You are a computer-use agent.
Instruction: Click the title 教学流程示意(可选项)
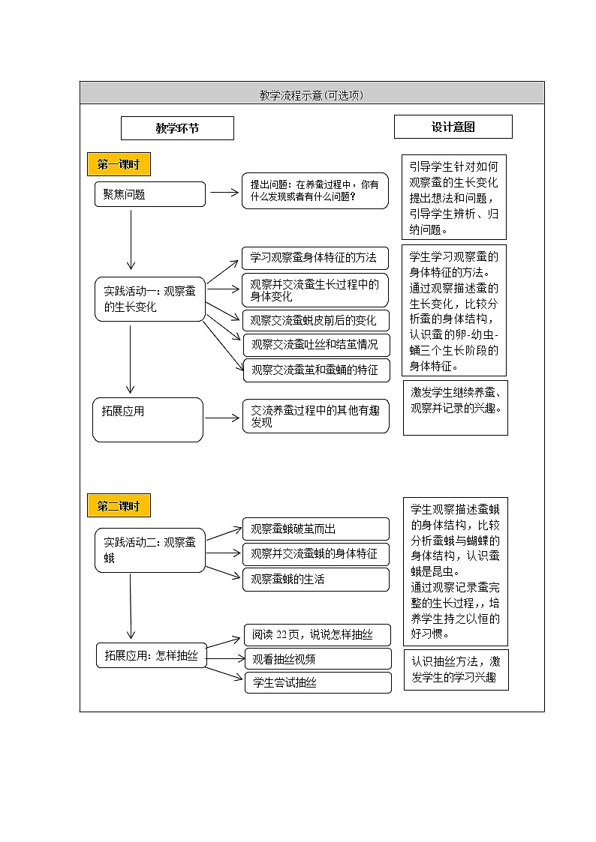click(311, 95)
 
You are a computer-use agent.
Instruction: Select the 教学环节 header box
click(177, 128)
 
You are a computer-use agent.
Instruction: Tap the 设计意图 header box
click(453, 127)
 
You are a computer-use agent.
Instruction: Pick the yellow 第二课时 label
click(119, 506)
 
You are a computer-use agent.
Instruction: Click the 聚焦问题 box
click(149, 194)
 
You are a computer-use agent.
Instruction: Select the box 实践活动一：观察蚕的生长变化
click(149, 299)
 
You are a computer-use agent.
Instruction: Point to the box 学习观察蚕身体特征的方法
click(315, 258)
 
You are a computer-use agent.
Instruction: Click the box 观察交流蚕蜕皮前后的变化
click(315, 320)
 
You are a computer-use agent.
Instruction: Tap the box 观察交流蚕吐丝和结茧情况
click(316, 345)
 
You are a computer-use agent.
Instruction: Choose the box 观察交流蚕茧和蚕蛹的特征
click(316, 369)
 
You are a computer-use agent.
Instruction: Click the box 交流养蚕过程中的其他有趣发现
click(315, 416)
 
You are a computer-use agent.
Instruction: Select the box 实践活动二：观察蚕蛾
click(149, 550)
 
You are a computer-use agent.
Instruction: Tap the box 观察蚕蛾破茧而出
click(315, 529)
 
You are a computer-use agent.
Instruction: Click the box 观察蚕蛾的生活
click(315, 579)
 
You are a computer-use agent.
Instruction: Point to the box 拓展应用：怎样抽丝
click(151, 655)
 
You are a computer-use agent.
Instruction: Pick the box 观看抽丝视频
click(318, 659)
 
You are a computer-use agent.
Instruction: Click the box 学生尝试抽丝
click(318, 682)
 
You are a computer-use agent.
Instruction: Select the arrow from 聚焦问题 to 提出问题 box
click(223, 192)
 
